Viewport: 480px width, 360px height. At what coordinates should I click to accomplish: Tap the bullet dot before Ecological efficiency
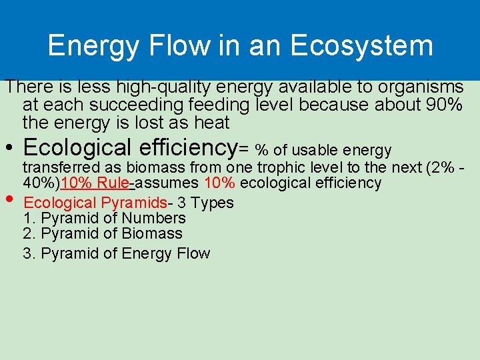click(9, 148)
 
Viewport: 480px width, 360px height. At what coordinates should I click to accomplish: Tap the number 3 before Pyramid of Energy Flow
click(27, 253)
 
